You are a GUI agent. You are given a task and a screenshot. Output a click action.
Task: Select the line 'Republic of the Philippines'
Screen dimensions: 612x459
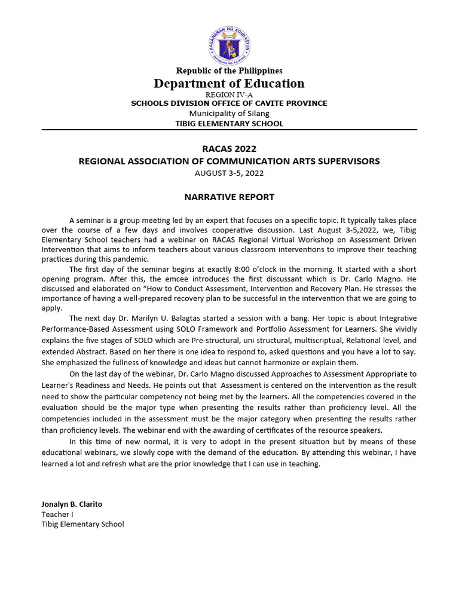pos(229,71)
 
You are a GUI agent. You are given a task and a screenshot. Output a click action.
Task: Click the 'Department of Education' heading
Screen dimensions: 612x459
pos(229,84)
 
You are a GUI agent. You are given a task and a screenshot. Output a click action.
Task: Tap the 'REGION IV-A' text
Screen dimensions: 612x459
pos(229,94)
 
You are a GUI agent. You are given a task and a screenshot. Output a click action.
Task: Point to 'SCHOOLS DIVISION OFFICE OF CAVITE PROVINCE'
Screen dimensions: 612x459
pos(229,103)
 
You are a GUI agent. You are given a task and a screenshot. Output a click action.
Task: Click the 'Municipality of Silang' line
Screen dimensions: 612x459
pos(229,114)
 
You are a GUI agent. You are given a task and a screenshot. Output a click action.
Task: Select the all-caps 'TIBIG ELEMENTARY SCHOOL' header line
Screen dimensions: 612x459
pos(229,124)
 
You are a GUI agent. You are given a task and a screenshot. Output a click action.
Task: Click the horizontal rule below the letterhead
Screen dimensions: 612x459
pos(229,130)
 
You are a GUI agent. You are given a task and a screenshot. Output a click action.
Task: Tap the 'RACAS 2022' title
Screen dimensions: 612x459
pos(229,149)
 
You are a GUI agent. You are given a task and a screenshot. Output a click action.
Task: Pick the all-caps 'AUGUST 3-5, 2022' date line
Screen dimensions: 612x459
pos(229,173)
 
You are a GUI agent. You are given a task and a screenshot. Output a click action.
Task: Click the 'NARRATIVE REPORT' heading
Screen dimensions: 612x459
pos(229,197)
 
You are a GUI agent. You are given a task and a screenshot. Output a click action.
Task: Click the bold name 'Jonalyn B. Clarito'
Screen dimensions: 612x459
pos(71,504)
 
